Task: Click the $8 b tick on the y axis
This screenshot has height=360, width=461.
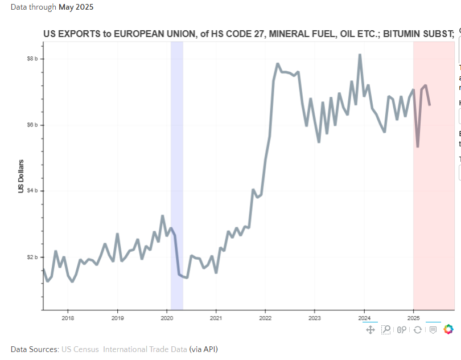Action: [32, 59]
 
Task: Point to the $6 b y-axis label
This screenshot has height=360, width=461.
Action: [32, 125]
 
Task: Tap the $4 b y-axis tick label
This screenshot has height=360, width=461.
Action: [32, 191]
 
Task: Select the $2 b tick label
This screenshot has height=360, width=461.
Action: [32, 257]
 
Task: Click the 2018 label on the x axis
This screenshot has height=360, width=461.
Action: [67, 317]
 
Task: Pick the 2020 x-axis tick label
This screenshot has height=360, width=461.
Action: [166, 317]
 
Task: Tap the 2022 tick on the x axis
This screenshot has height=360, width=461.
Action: [265, 317]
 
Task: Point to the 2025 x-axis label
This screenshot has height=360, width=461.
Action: [414, 317]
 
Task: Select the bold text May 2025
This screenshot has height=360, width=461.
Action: [76, 7]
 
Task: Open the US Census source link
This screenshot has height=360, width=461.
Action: [80, 349]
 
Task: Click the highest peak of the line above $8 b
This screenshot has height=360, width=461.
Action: [360, 55]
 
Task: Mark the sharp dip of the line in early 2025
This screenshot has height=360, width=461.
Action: [418, 146]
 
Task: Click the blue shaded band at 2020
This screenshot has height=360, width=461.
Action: [177, 171]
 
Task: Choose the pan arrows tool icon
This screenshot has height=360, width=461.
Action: [370, 329]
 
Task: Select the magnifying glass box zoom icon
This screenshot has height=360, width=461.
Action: [386, 329]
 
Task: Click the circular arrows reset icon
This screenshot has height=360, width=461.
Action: [417, 329]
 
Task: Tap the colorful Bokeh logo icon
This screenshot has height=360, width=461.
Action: [448, 329]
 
